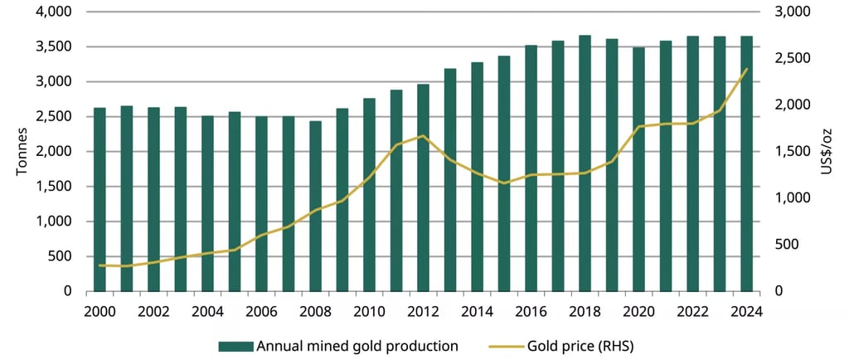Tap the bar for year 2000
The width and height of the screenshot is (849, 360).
coord(99,199)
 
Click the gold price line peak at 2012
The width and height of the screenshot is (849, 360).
coord(424,136)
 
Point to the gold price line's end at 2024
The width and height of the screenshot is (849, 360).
coord(746,69)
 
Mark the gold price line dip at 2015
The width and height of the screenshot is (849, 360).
coord(504,182)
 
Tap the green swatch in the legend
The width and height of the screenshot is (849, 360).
coord(236,345)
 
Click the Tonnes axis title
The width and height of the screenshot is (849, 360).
coord(22,152)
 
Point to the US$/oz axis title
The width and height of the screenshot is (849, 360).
coord(825,152)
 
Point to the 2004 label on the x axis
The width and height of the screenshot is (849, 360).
coord(207,311)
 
